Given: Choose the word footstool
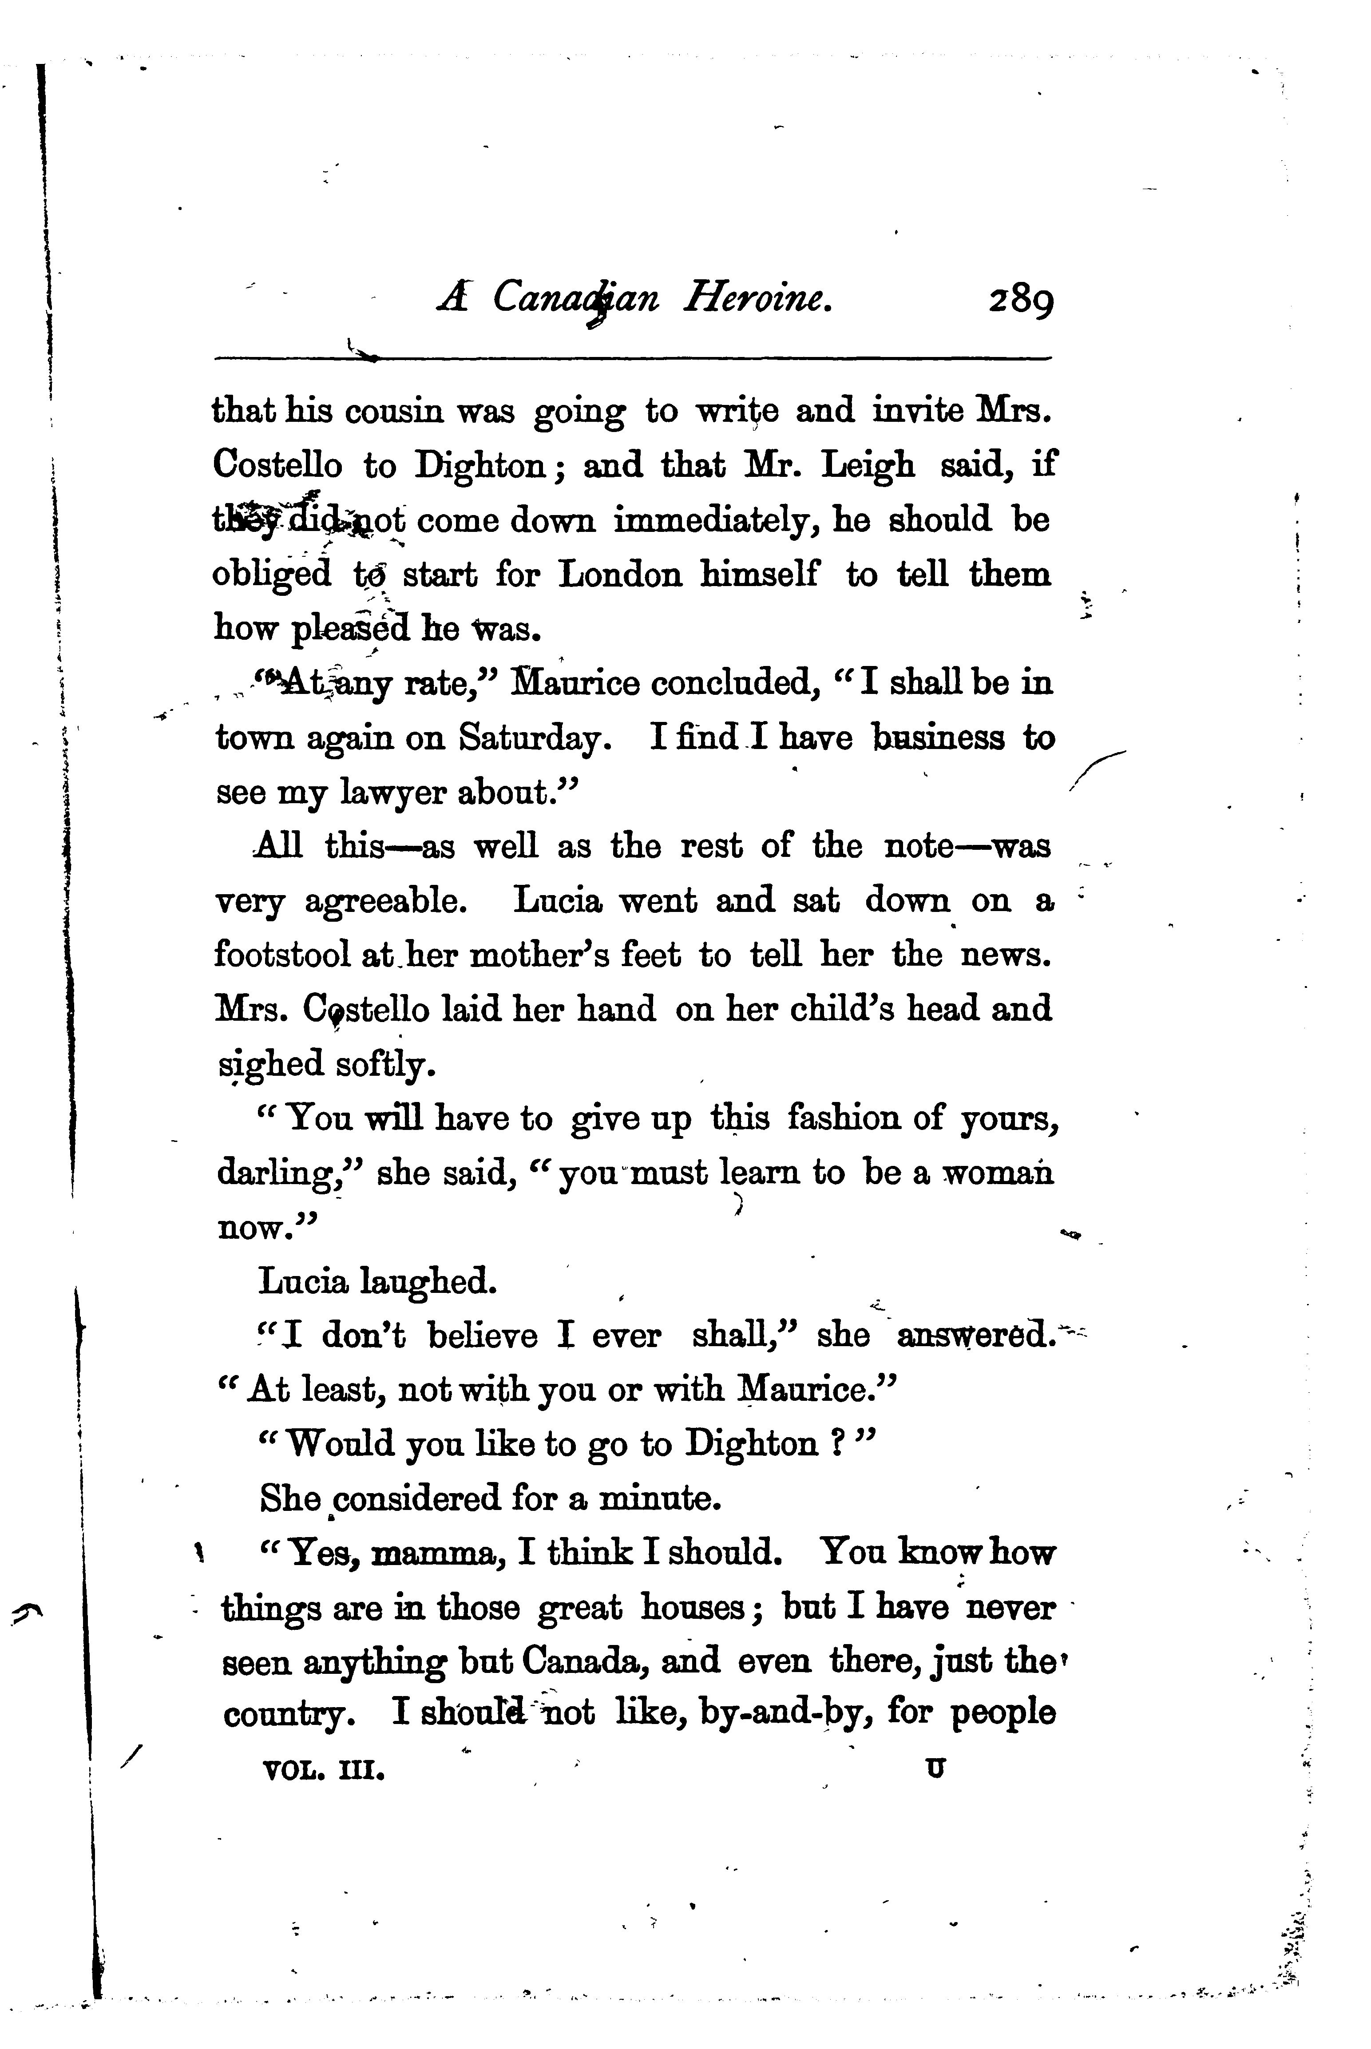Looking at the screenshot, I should tap(281, 955).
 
